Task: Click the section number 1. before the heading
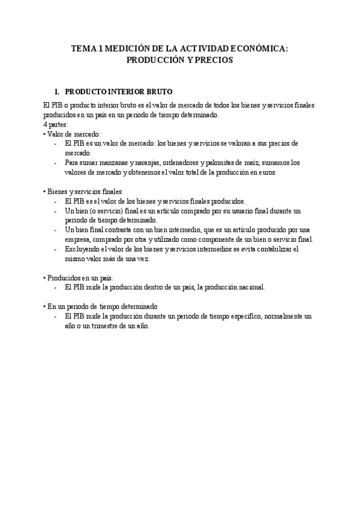click(x=57, y=92)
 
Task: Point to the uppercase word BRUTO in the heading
click(x=157, y=92)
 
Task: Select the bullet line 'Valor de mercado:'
click(x=73, y=134)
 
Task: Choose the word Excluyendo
click(x=83, y=249)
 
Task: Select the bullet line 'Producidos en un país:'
click(x=79, y=278)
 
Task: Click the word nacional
click(x=248, y=288)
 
